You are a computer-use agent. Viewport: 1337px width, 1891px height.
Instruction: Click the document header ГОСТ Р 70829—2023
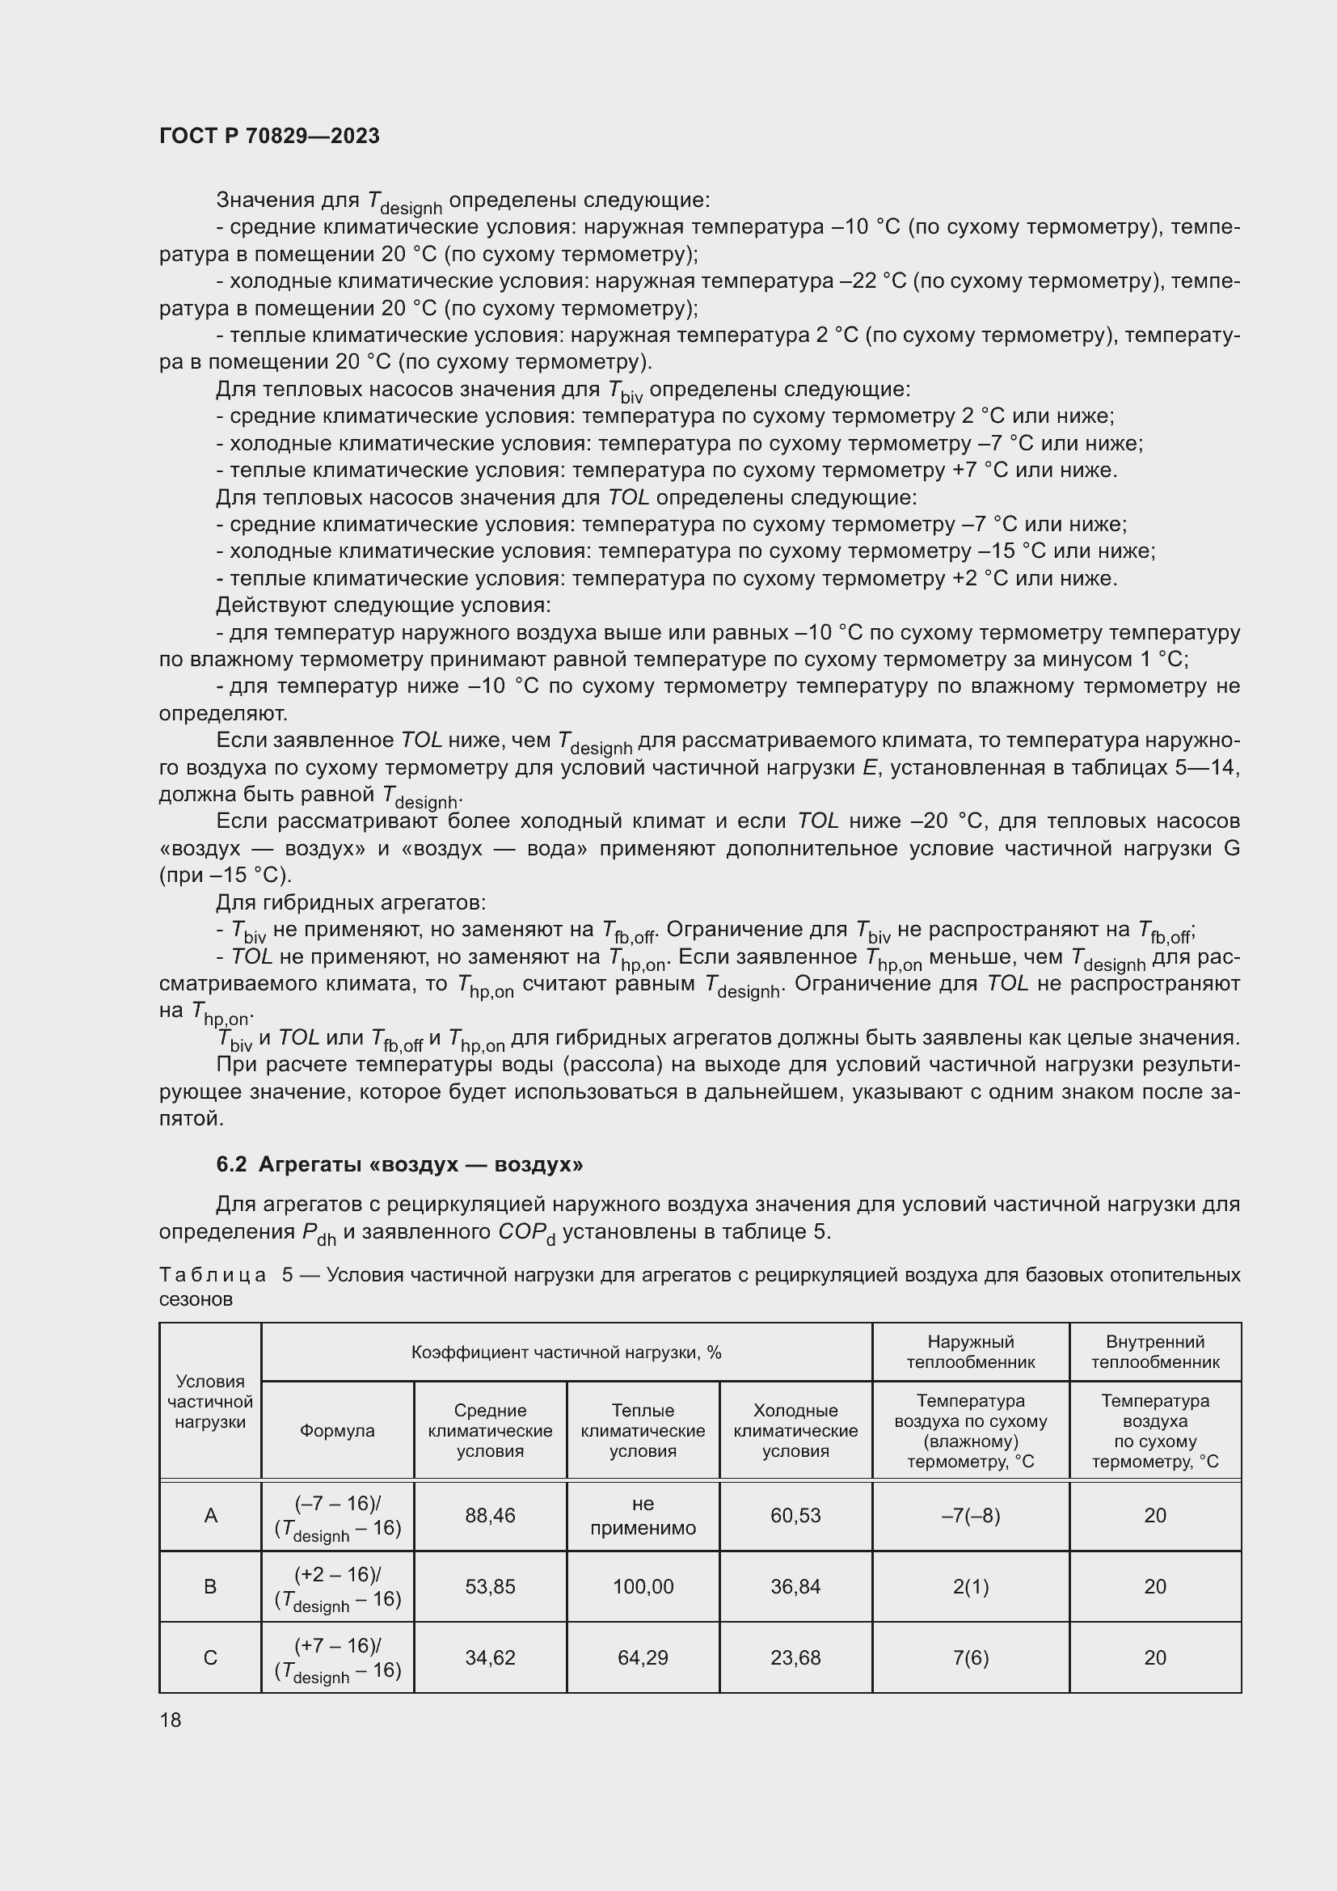click(269, 136)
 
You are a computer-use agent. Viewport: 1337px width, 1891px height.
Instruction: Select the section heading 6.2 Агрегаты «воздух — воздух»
click(399, 1163)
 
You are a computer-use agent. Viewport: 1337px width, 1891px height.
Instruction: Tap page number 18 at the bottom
click(171, 1720)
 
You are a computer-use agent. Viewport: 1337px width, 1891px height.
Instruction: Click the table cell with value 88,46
click(490, 1515)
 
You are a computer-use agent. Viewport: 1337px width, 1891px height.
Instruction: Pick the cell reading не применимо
click(642, 1515)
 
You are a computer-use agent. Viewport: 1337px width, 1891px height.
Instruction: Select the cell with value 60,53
click(795, 1515)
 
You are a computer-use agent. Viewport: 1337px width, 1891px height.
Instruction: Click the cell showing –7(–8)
click(970, 1515)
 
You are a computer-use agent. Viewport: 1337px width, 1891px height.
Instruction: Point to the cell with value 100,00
click(642, 1586)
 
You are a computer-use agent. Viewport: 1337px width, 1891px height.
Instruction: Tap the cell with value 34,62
click(490, 1657)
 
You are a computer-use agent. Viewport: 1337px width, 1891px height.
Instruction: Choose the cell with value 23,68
click(795, 1657)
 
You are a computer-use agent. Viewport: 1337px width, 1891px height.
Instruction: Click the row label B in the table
click(210, 1586)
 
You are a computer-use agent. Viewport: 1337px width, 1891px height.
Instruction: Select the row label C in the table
click(210, 1657)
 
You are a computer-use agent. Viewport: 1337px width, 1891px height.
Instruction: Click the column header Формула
click(337, 1431)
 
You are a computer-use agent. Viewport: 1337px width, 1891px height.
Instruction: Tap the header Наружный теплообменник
click(970, 1352)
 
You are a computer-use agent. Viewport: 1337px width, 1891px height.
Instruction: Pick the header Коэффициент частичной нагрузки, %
click(566, 1352)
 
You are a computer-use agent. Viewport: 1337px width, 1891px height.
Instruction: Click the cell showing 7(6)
click(970, 1657)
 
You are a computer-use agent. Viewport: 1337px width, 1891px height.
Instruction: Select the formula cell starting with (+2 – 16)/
click(337, 1586)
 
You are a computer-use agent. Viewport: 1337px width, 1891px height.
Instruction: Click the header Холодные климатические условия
click(795, 1431)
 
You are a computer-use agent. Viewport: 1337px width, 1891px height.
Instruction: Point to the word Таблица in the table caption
click(213, 1276)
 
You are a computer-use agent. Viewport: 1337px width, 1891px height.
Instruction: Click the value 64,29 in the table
click(642, 1657)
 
